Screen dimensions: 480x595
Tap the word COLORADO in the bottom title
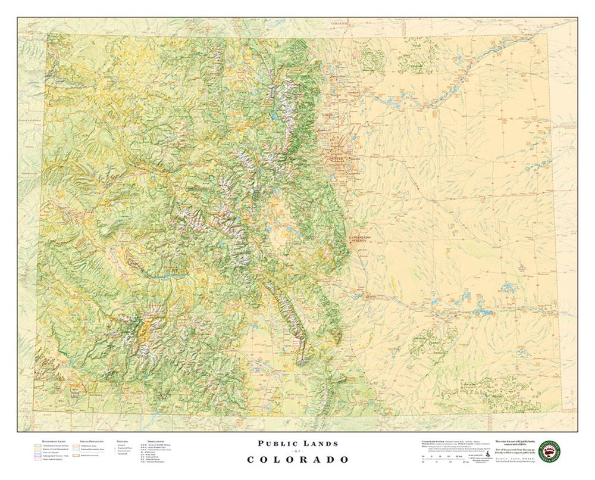[x=297, y=460]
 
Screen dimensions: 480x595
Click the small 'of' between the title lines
[x=297, y=452]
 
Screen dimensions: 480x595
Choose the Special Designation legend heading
[x=84, y=437]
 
